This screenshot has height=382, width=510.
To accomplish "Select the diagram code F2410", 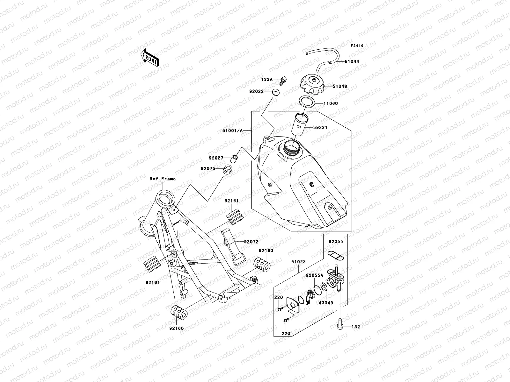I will pyautogui.click(x=357, y=46).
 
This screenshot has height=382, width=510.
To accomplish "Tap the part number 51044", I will pyautogui.click(x=352, y=62).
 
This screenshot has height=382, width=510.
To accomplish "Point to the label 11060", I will pyautogui.click(x=331, y=103).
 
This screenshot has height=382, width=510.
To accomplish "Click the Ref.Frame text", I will pyautogui.click(x=163, y=179).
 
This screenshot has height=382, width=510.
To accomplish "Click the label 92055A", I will pyautogui.click(x=314, y=275).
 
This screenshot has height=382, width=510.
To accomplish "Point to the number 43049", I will pyautogui.click(x=325, y=303).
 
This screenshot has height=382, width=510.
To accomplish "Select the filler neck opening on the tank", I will pyautogui.click(x=290, y=148).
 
